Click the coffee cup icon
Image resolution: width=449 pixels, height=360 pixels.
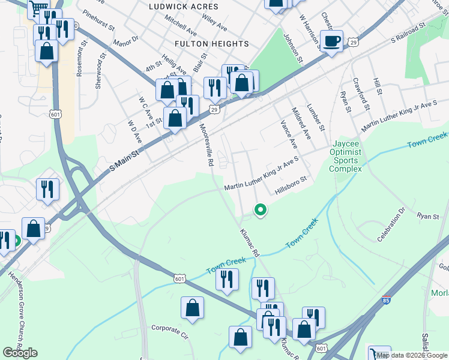[331, 41]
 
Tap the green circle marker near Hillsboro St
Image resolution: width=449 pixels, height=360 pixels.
[261, 210]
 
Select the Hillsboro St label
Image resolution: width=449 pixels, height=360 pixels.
[291, 184]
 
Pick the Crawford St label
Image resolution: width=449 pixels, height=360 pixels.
[360, 94]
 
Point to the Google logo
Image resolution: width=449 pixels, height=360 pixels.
[20, 353]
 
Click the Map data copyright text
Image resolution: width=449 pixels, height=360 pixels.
[412, 355]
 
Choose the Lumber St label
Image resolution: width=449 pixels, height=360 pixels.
[315, 118]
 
